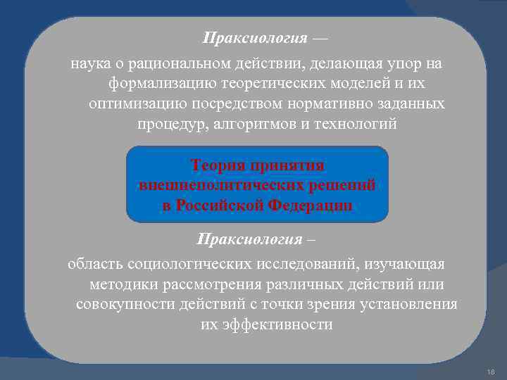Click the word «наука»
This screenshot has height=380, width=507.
click(x=90, y=65)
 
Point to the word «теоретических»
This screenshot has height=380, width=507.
click(x=248, y=84)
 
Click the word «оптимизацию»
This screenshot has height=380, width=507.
click(x=128, y=104)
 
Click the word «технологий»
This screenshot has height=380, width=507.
click(x=359, y=124)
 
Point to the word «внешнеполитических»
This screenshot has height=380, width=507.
click(x=218, y=185)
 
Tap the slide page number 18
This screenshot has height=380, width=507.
click(x=491, y=370)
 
